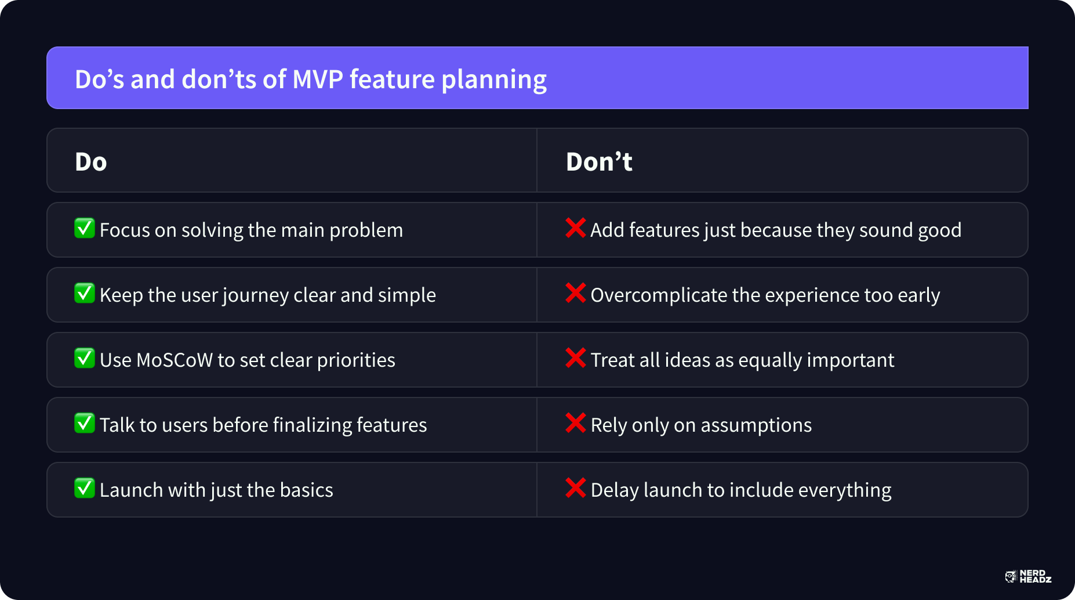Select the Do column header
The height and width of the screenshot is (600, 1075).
point(91,162)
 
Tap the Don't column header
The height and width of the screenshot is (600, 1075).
point(599,161)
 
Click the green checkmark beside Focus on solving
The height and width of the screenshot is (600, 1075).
point(85,228)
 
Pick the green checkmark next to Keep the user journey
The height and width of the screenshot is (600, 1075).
point(85,293)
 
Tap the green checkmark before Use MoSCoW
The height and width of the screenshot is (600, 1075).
point(85,358)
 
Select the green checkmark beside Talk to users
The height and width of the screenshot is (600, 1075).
point(85,423)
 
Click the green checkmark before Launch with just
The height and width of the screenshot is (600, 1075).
point(85,488)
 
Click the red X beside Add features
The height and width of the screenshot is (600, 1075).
point(575,228)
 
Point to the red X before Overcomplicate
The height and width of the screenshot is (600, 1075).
point(575,293)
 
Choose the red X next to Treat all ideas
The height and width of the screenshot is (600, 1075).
point(575,358)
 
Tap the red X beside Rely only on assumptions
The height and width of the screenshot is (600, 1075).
point(575,423)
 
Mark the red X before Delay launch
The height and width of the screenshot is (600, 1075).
point(575,488)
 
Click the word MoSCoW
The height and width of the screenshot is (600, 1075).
point(175,360)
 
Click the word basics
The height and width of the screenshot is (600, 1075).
point(306,490)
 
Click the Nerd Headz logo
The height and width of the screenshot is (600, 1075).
point(1028,576)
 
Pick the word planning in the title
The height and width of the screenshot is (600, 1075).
point(494,80)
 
